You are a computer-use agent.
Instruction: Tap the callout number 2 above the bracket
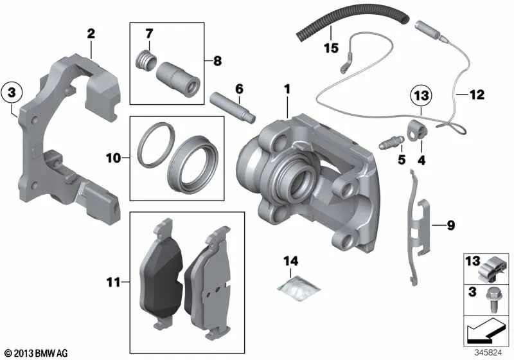(x=91, y=33)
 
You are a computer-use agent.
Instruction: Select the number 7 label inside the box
(x=150, y=33)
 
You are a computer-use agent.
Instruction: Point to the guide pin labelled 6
(x=233, y=107)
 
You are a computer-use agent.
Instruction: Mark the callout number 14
(x=292, y=261)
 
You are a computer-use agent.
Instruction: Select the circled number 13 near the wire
(x=420, y=96)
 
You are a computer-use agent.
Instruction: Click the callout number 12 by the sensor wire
(x=476, y=95)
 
